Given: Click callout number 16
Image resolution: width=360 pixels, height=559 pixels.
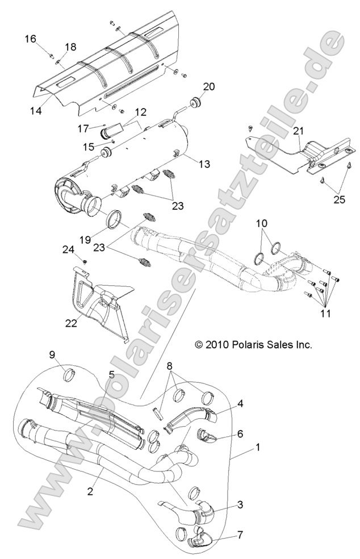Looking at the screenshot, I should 30,39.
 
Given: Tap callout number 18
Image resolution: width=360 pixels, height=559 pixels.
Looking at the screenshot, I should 70,47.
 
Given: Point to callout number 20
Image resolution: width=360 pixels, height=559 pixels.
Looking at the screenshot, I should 209,87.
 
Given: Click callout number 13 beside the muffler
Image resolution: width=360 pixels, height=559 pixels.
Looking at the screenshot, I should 204,164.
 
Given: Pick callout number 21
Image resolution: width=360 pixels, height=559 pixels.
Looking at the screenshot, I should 299,132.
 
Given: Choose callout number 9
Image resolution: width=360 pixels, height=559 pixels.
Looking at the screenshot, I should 52,355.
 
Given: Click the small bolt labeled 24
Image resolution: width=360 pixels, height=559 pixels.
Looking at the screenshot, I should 84,261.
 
